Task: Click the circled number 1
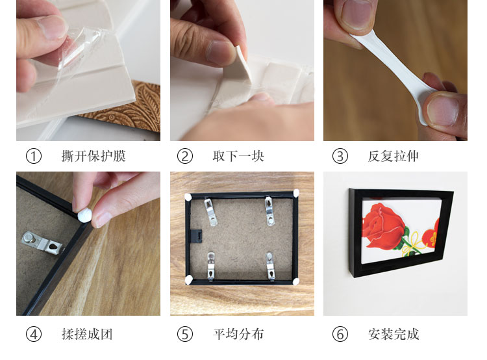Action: (34, 156)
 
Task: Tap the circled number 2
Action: (185, 156)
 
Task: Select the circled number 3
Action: (340, 156)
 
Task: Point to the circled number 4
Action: (34, 335)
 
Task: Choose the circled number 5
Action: (185, 335)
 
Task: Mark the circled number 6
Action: (340, 335)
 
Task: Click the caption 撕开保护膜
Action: (94, 156)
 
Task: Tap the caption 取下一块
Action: (238, 156)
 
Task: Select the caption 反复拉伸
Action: (393, 156)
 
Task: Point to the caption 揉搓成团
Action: (87, 335)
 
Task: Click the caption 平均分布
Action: (238, 335)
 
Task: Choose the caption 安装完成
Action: (393, 335)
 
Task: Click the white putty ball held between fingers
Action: (84, 215)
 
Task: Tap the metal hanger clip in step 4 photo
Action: (43, 243)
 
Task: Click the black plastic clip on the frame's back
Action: (196, 237)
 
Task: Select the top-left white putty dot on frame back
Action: (188, 197)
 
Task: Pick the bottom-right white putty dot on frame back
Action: (295, 281)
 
